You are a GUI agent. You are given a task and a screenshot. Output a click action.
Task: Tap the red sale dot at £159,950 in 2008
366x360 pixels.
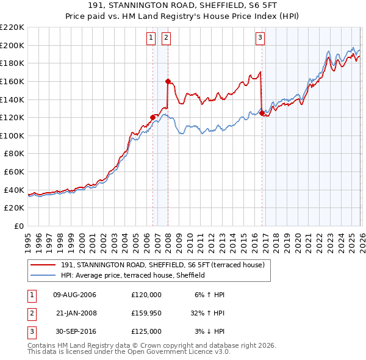tap(168, 81)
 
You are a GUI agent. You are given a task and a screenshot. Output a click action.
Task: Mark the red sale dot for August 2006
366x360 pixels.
tap(152, 117)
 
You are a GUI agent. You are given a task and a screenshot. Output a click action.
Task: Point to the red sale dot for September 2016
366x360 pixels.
tap(262, 113)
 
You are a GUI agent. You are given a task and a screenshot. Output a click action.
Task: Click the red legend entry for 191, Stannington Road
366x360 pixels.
tap(162, 265)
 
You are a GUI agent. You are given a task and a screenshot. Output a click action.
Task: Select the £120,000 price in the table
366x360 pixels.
tap(146, 295)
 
